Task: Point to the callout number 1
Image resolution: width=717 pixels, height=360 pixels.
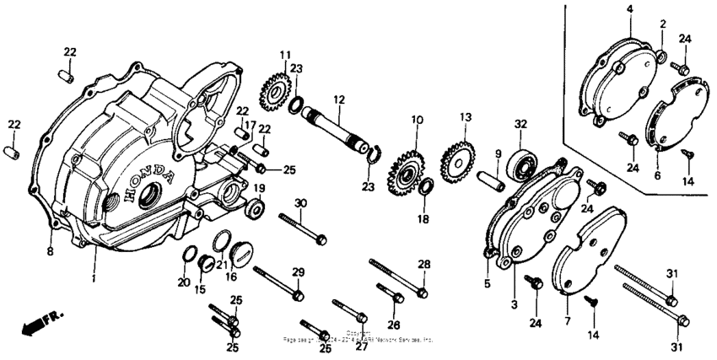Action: [x=94, y=278]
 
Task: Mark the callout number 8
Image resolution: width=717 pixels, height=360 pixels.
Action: [x=49, y=250]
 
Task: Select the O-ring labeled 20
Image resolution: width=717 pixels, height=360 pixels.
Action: [x=191, y=255]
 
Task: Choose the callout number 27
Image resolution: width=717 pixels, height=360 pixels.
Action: [x=359, y=346]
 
